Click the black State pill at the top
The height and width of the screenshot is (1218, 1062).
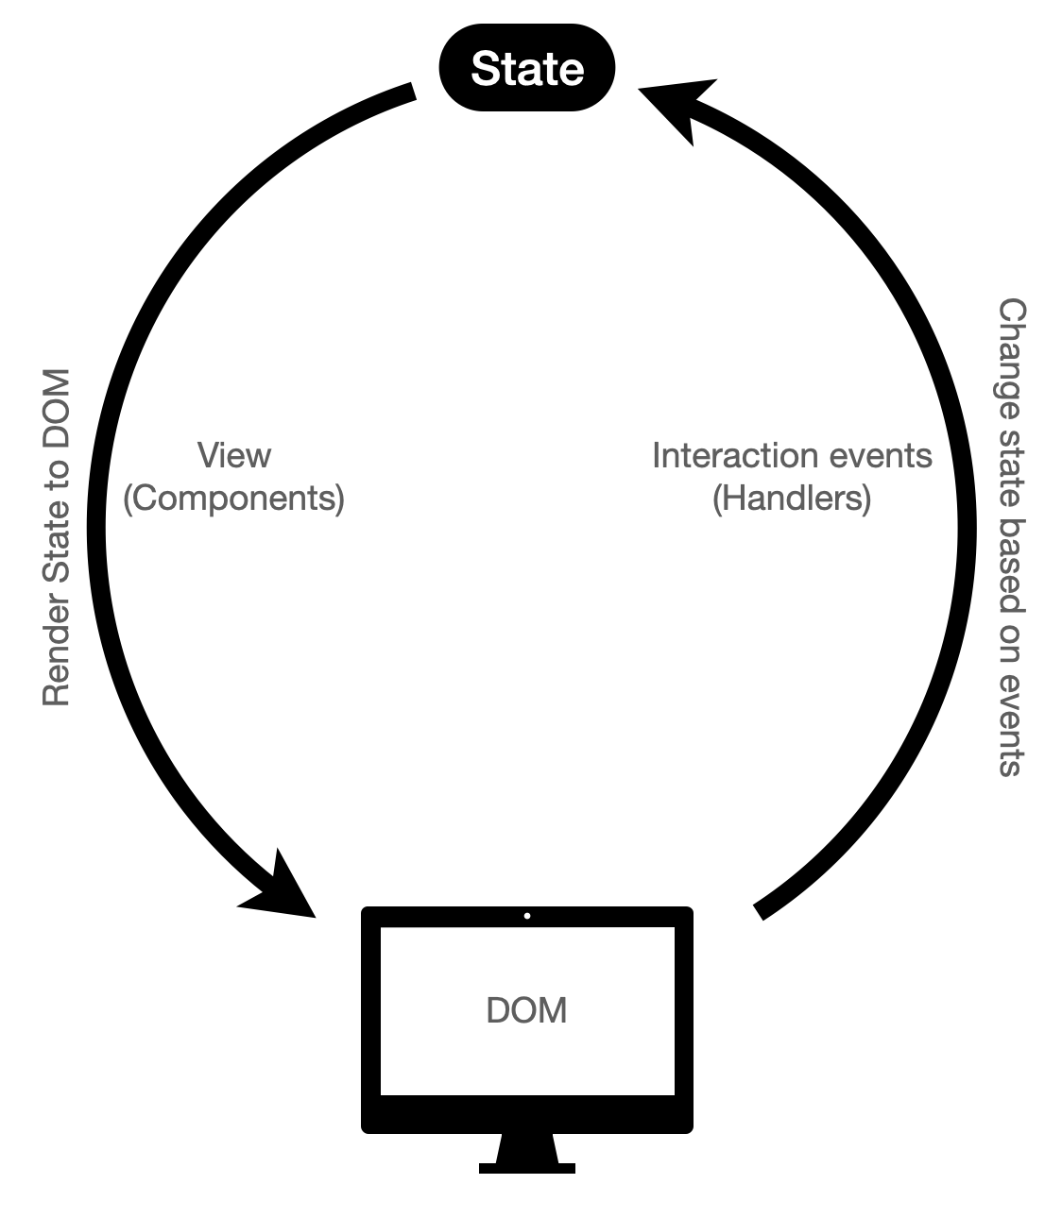(527, 68)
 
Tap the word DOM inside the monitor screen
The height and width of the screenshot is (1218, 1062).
(526, 1010)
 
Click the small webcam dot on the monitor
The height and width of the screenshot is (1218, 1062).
(527, 916)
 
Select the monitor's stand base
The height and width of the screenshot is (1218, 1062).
(526, 1168)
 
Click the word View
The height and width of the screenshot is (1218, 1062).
(233, 455)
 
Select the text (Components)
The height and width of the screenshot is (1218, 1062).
(233, 498)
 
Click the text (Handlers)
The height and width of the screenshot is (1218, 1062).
(791, 498)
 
